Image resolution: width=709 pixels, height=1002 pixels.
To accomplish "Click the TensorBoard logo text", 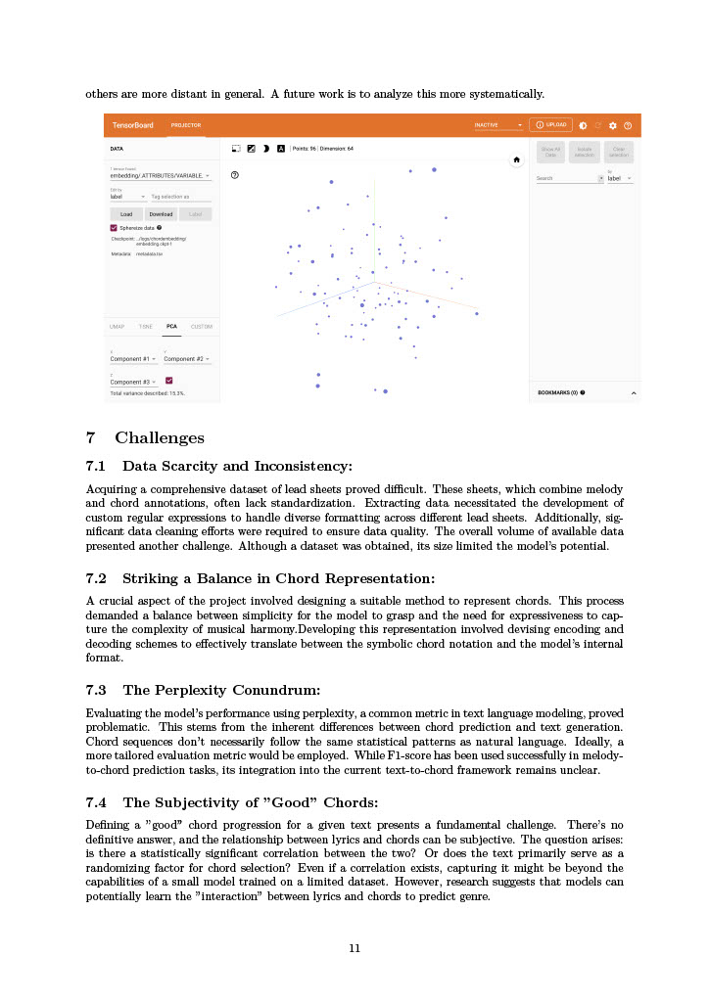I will tap(132, 125).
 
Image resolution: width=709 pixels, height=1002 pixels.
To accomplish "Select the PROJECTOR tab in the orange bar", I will tap(186, 125).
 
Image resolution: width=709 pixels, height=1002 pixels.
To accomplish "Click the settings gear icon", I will tap(613, 125).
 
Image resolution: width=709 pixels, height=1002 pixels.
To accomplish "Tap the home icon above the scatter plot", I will tap(517, 159).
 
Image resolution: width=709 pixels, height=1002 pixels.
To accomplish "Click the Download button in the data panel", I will tap(161, 213).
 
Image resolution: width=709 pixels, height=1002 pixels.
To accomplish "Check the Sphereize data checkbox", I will tap(114, 227).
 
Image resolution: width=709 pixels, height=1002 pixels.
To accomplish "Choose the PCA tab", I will tap(171, 327).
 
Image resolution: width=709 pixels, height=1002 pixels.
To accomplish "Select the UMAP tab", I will tap(117, 327).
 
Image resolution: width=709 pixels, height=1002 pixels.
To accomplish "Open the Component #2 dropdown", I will tap(186, 359).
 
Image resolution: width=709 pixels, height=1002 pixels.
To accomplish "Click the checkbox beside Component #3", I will tap(169, 381).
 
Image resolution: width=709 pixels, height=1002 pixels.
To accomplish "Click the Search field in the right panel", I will tap(566, 178).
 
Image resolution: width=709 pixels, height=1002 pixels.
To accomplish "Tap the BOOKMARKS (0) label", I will tap(560, 392).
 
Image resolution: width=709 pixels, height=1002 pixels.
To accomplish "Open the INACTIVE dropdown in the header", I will tap(498, 125).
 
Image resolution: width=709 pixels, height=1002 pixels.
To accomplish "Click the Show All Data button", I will tap(550, 152).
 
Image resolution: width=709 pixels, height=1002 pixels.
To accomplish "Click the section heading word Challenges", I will tap(160, 437).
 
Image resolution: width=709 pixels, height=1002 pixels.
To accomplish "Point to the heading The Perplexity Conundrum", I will tap(221, 690).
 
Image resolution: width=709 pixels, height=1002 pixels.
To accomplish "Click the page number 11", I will tap(355, 947).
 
